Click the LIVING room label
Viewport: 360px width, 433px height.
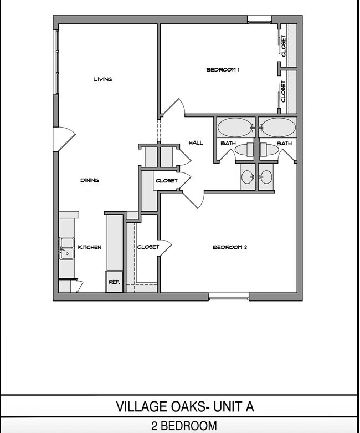click(x=103, y=79)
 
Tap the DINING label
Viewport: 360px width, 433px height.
click(x=90, y=180)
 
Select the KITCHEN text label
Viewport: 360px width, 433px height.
click(x=89, y=247)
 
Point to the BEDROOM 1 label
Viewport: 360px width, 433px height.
click(x=223, y=69)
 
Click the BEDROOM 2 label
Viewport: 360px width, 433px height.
click(x=229, y=247)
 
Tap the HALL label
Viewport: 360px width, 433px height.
click(x=196, y=143)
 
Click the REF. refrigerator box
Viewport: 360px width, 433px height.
click(x=114, y=282)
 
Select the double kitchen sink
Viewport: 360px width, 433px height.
click(x=67, y=248)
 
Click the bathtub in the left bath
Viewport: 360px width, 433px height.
click(x=234, y=128)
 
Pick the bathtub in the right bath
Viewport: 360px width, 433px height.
click(x=278, y=128)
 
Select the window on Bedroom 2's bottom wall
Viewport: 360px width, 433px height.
click(x=229, y=297)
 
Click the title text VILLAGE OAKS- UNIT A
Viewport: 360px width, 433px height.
click(x=185, y=406)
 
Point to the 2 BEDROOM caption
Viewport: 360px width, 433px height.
click(x=183, y=426)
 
